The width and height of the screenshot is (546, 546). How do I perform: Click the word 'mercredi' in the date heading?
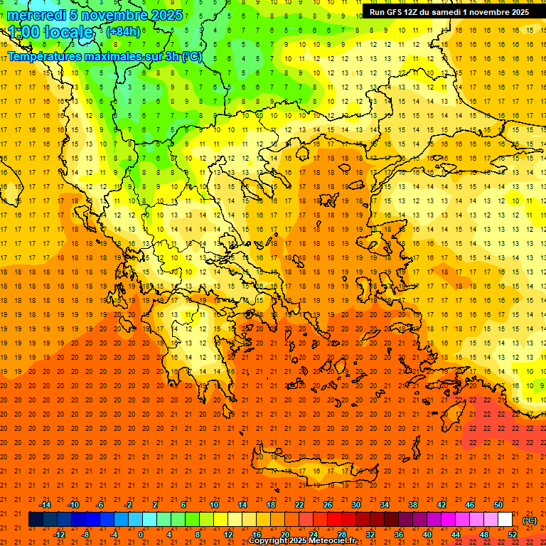[36, 15]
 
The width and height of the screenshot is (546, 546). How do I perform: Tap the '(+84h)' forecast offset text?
[123, 31]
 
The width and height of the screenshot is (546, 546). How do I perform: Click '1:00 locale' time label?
[50, 32]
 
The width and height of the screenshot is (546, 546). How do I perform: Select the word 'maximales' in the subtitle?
[107, 56]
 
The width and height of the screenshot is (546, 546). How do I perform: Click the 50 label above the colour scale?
[498, 505]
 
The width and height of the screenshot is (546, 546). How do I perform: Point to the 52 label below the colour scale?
[512, 535]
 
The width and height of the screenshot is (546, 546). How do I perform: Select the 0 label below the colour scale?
[141, 535]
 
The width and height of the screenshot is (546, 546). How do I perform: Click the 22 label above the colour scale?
[299, 505]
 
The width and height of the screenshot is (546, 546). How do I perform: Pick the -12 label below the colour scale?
[60, 535]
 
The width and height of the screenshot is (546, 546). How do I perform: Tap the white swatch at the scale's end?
[505, 520]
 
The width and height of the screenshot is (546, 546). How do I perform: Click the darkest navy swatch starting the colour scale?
[36, 520]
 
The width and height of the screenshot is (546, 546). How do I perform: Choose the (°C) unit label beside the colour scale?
[530, 520]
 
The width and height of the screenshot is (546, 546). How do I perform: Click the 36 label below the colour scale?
[398, 535]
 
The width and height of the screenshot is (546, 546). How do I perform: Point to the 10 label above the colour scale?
[214, 505]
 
